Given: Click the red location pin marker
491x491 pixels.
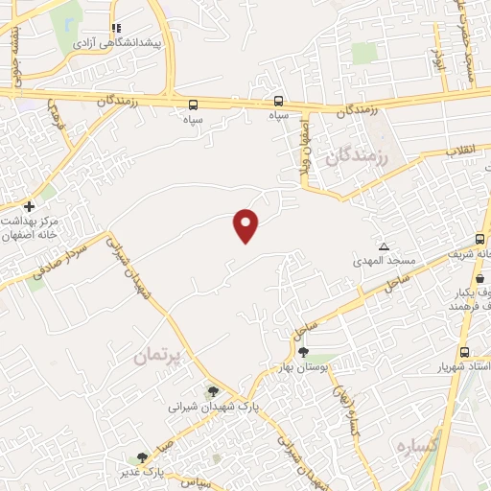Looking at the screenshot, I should (x=246, y=225).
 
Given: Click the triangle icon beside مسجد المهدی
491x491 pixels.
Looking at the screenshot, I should (x=385, y=246).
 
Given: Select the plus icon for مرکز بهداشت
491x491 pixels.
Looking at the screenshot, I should (x=29, y=206).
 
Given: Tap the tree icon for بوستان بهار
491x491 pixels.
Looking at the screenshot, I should (x=304, y=352).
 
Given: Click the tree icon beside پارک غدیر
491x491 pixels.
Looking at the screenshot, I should (x=143, y=458).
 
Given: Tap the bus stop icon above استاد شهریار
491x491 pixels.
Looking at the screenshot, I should (x=464, y=352).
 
